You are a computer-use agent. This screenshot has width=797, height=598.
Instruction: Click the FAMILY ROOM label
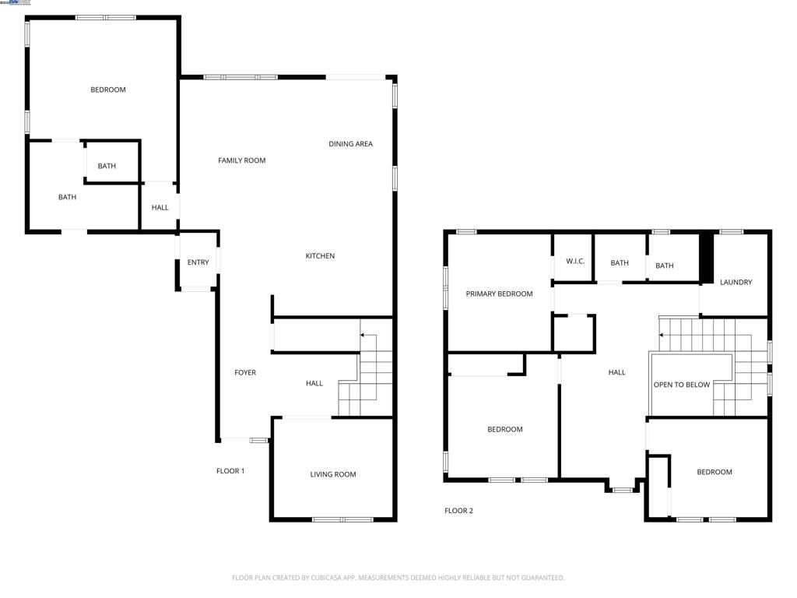pos(241,160)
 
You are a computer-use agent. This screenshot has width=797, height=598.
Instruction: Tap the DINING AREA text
pos(350,144)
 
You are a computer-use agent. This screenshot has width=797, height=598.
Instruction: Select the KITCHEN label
pos(320,256)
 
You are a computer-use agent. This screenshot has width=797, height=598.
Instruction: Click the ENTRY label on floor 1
pos(198,262)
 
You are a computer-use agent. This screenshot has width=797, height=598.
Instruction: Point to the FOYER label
pos(245,373)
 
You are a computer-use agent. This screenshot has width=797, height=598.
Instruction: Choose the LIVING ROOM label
pos(333,474)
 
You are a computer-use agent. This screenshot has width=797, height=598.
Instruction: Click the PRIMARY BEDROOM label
pos(499,294)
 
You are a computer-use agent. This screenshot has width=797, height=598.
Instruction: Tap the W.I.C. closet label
pos(574,262)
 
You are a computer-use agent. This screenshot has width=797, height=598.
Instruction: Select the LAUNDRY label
pos(736,282)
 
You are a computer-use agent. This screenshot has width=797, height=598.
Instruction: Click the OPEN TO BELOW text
pos(681,385)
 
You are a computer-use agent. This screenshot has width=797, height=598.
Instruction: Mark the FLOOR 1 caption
pos(230,471)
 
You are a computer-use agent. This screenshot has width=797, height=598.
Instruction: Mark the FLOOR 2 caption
pos(458,511)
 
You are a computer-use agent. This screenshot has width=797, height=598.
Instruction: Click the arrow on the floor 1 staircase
pos(363,336)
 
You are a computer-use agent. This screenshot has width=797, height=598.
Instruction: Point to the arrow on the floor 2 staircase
pos(662,336)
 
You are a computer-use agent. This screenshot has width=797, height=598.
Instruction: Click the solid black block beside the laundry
pos(707,259)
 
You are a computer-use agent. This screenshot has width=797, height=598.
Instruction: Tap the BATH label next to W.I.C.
pos(620,263)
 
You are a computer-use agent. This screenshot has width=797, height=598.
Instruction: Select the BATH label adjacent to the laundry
pos(664,266)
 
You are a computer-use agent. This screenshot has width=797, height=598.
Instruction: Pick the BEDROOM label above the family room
pos(107,90)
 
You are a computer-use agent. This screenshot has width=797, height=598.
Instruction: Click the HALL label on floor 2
pos(616,373)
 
